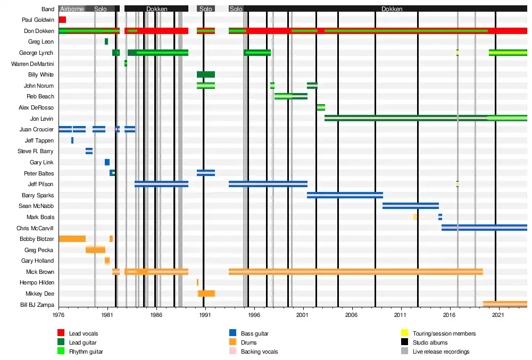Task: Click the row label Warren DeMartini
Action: point(32,64)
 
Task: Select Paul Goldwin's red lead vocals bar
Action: point(62,20)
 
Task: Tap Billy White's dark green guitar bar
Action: point(205,74)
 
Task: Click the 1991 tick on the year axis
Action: point(203,314)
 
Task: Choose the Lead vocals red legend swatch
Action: point(61,333)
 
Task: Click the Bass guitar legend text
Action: point(254,333)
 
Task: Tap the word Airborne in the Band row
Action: point(72,9)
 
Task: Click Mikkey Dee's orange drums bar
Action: point(206,294)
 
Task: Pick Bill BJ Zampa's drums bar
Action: point(505,304)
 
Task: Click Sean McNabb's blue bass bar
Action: point(410,206)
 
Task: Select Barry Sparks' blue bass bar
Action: point(345,195)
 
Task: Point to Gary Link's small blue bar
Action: point(107,162)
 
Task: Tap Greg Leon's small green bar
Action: point(106,41)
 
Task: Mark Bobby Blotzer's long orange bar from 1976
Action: point(72,239)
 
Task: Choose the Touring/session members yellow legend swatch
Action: point(404,333)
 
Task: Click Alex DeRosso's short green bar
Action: point(321,107)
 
